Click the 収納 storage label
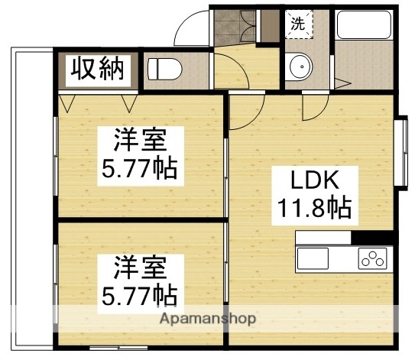click(97, 70)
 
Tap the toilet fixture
click(162, 70)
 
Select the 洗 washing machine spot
click(297, 24)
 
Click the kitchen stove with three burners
click(373, 258)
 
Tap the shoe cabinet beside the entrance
click(269, 25)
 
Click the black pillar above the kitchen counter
click(374, 237)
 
